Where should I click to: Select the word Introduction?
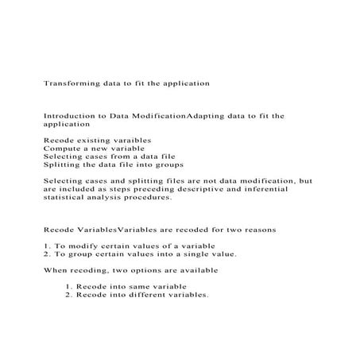click(x=70, y=116)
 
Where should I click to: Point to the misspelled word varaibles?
click(x=129, y=140)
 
